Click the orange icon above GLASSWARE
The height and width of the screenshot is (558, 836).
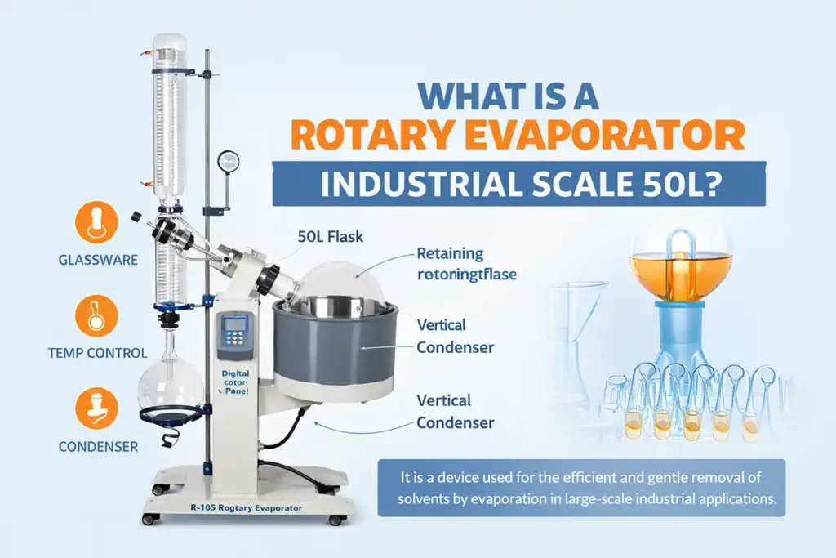point(91,224)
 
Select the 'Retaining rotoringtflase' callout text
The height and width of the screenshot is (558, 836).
point(466,264)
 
